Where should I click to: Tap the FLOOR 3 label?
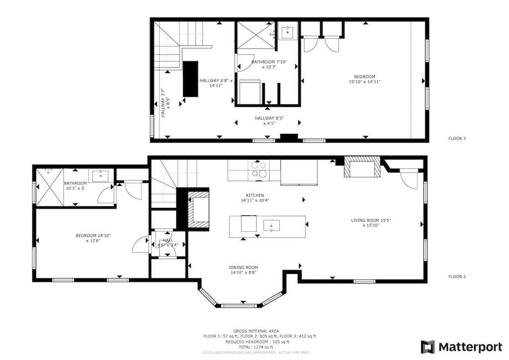click(x=457, y=139)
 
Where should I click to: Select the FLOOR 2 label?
click(x=457, y=276)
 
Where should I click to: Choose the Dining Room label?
click(x=243, y=270)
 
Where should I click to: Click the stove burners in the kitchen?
click(x=258, y=170)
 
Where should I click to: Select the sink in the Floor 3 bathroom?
click(x=287, y=33)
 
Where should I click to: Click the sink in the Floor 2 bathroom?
click(x=101, y=175)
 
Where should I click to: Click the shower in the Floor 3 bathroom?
click(x=254, y=35)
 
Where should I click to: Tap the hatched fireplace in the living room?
click(x=362, y=168)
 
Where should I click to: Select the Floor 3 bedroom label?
click(x=368, y=79)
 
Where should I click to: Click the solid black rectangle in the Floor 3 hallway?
click(x=190, y=79)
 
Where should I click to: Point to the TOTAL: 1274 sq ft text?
click(x=256, y=347)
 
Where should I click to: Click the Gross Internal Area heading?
click(x=256, y=331)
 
